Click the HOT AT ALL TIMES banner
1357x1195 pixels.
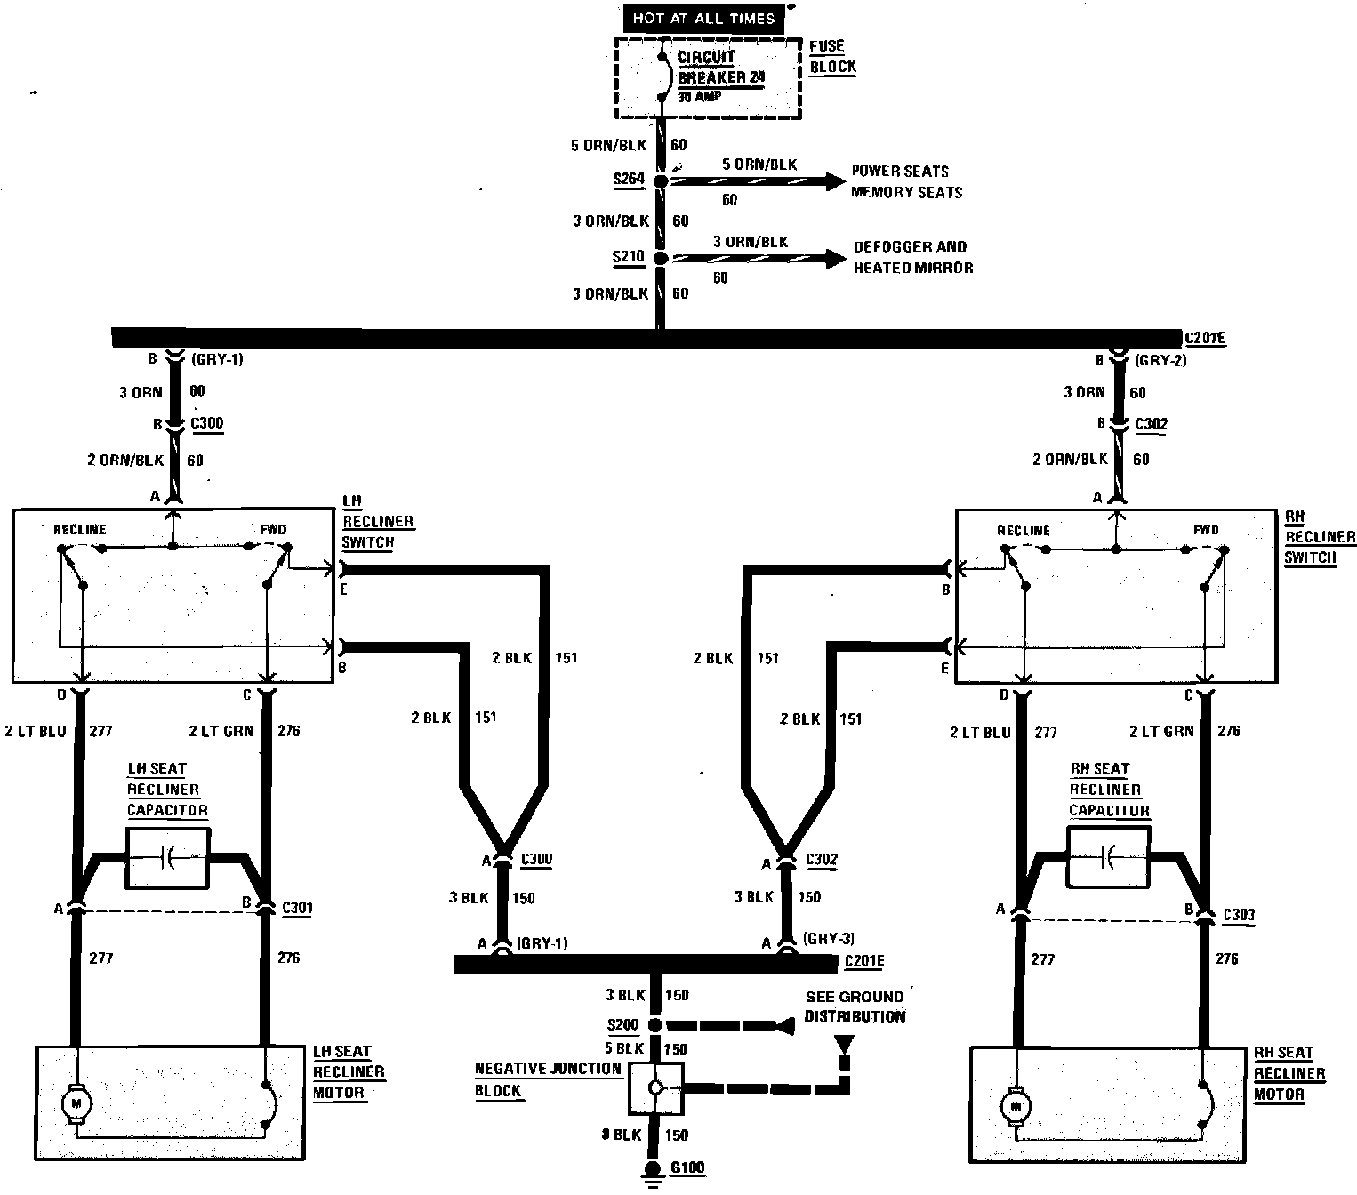click(703, 18)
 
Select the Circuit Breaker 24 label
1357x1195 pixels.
click(720, 68)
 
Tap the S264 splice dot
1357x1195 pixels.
click(661, 181)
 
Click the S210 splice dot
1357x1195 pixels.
click(661, 258)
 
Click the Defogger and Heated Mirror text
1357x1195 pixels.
click(912, 257)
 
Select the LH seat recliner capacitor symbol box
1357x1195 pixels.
click(168, 858)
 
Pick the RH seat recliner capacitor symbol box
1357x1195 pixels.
click(1108, 857)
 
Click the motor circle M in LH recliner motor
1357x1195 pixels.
click(76, 1103)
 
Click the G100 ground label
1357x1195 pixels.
click(688, 1167)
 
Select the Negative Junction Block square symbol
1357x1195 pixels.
click(655, 1087)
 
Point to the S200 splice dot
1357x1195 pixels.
click(655, 1025)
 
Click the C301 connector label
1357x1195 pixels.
click(297, 908)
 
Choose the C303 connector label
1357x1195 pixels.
click(1238, 914)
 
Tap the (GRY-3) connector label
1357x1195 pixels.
click(828, 938)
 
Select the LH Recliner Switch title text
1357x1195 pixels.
click(378, 521)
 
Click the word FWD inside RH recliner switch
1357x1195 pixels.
click(1207, 530)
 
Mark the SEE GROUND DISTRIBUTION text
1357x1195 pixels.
click(855, 1007)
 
